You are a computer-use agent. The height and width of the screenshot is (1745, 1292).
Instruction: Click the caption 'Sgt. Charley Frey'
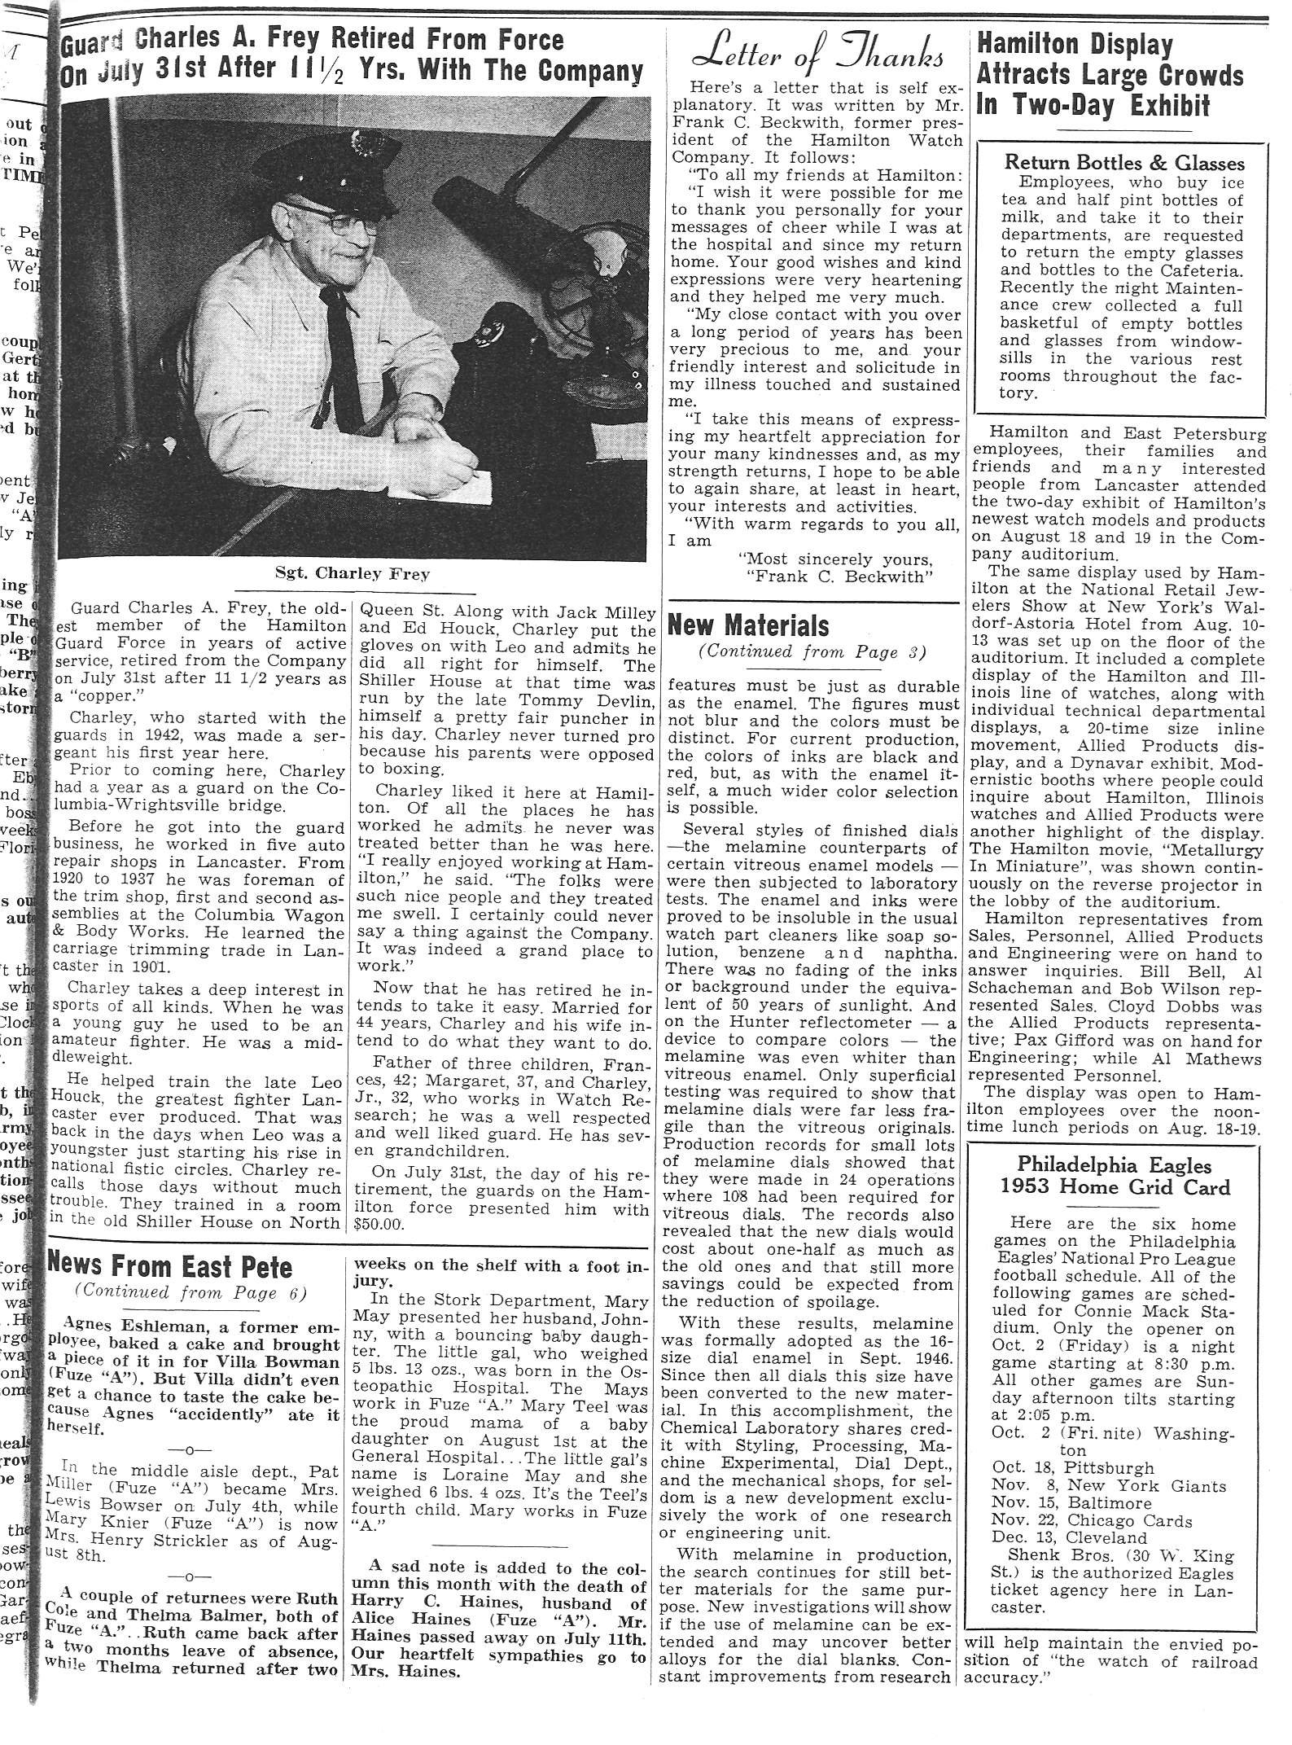click(352, 574)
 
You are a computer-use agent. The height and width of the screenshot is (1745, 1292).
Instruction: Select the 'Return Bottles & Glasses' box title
click(1123, 163)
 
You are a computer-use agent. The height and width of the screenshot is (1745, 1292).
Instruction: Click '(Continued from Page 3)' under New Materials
click(811, 652)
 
